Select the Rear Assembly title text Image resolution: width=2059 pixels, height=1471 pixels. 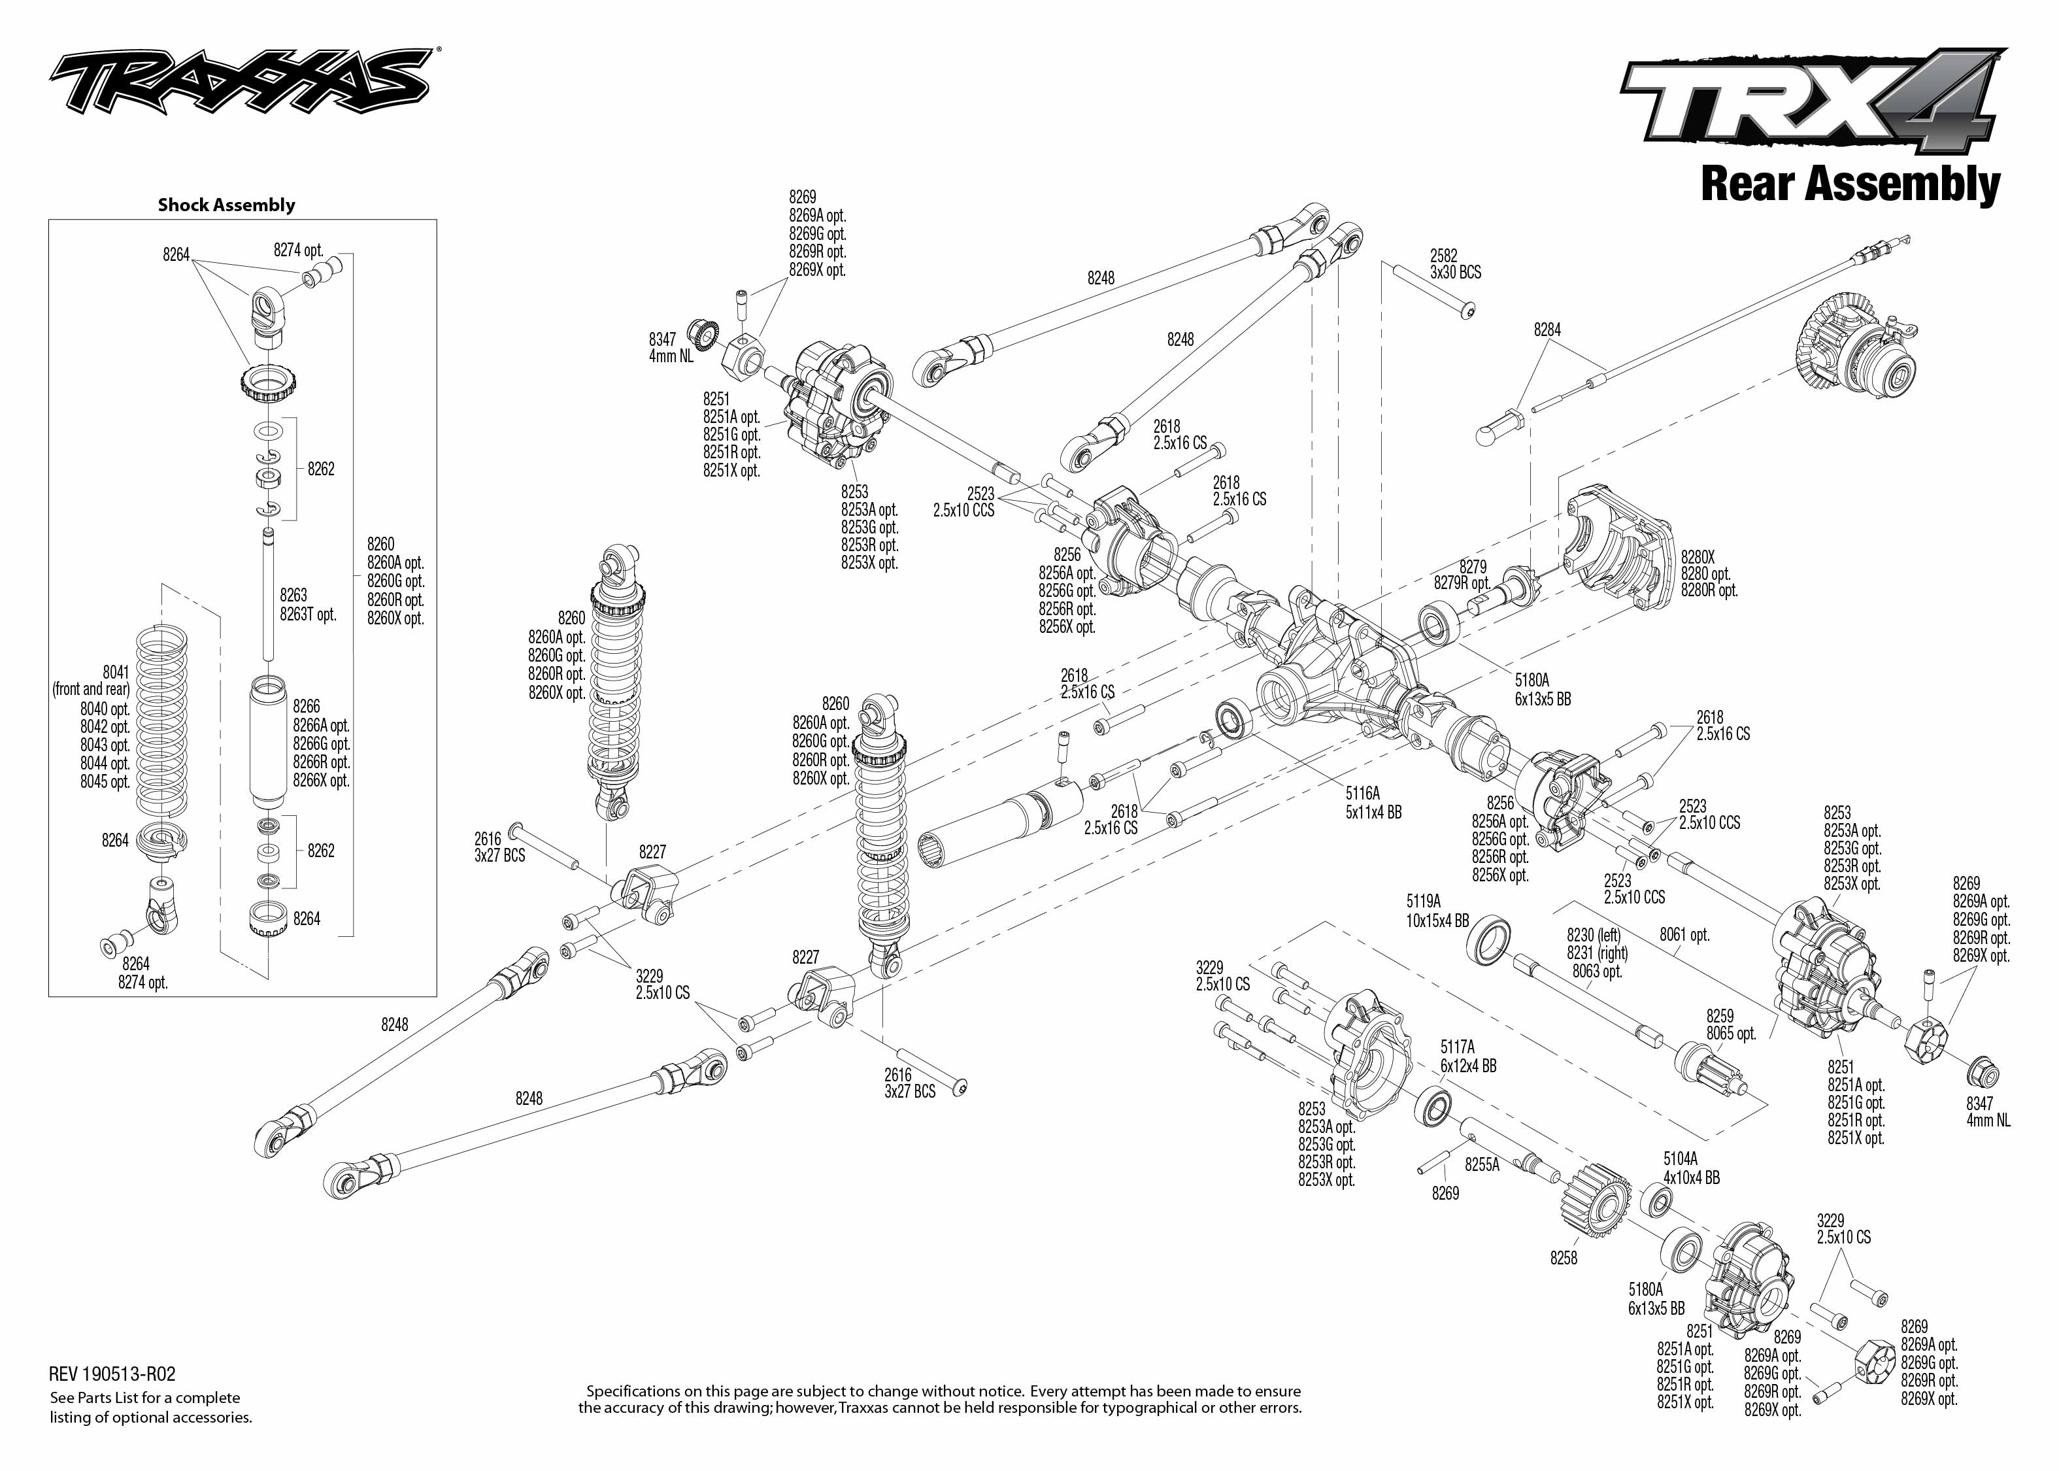[1850, 184]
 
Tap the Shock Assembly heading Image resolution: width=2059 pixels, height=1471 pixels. [226, 205]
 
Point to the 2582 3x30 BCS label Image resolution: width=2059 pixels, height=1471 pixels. [1455, 263]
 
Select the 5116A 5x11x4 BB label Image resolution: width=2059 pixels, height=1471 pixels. [1373, 803]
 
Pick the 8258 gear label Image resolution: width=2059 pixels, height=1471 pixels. [1563, 1258]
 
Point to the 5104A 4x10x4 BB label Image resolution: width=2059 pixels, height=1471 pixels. [1692, 1168]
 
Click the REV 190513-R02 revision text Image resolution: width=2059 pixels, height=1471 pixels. [112, 1374]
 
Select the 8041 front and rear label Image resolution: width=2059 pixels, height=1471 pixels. [92, 680]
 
